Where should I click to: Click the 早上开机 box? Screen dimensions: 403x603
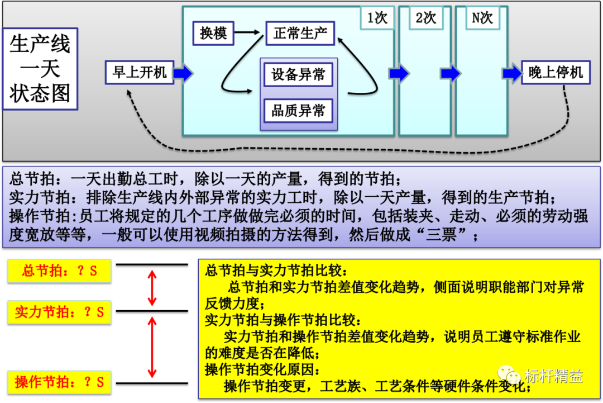pos(140,73)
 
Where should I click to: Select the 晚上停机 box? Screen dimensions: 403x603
pos(556,73)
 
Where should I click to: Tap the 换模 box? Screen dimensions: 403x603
pos(213,34)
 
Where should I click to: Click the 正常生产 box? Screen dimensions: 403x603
pos(300,34)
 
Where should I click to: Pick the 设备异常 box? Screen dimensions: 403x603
pos(298,75)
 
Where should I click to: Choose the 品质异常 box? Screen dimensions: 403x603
pos(298,111)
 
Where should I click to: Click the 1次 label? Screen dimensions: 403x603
pos(377,18)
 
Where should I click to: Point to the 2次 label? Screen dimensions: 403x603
pos(425,18)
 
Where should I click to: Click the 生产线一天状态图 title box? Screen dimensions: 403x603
pos(40,69)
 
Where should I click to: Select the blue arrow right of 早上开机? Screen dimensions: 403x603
pos(183,73)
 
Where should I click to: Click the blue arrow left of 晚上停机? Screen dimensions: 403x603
pos(511,73)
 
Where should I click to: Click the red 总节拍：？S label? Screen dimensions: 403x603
pos(60,271)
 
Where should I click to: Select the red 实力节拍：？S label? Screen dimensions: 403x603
pos(60,312)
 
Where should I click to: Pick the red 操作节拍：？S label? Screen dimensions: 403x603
pos(60,382)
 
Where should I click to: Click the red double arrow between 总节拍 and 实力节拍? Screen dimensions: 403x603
pos(152,287)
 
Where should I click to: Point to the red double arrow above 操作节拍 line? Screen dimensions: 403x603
pos(152,347)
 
